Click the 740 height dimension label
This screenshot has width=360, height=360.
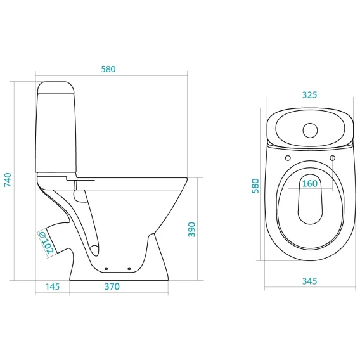[x=8, y=180]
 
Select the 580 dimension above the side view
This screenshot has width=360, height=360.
[x=108, y=69]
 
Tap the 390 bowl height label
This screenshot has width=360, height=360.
[x=191, y=229]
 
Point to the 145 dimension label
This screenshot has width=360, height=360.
[x=53, y=286]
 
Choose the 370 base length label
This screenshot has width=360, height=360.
[x=112, y=286]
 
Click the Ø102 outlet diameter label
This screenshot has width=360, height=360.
[x=46, y=243]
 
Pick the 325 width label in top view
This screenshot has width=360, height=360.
[x=309, y=95]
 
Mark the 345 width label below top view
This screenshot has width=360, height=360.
[x=310, y=281]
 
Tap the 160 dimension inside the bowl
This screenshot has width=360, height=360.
[x=310, y=184]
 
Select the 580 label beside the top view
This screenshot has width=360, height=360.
[x=255, y=186]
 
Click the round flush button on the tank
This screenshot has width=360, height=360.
[x=310, y=131]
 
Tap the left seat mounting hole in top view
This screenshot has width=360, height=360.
[x=288, y=158]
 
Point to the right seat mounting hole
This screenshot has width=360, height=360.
[x=333, y=158]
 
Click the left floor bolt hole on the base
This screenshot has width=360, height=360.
[x=106, y=269]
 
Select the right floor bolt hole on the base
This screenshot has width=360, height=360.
[x=129, y=269]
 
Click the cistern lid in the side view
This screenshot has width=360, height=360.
[x=56, y=87]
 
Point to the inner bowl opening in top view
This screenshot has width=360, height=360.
[x=310, y=199]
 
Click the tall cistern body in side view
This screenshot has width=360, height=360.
[x=56, y=132]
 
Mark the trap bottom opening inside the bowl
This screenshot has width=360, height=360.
[x=94, y=250]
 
